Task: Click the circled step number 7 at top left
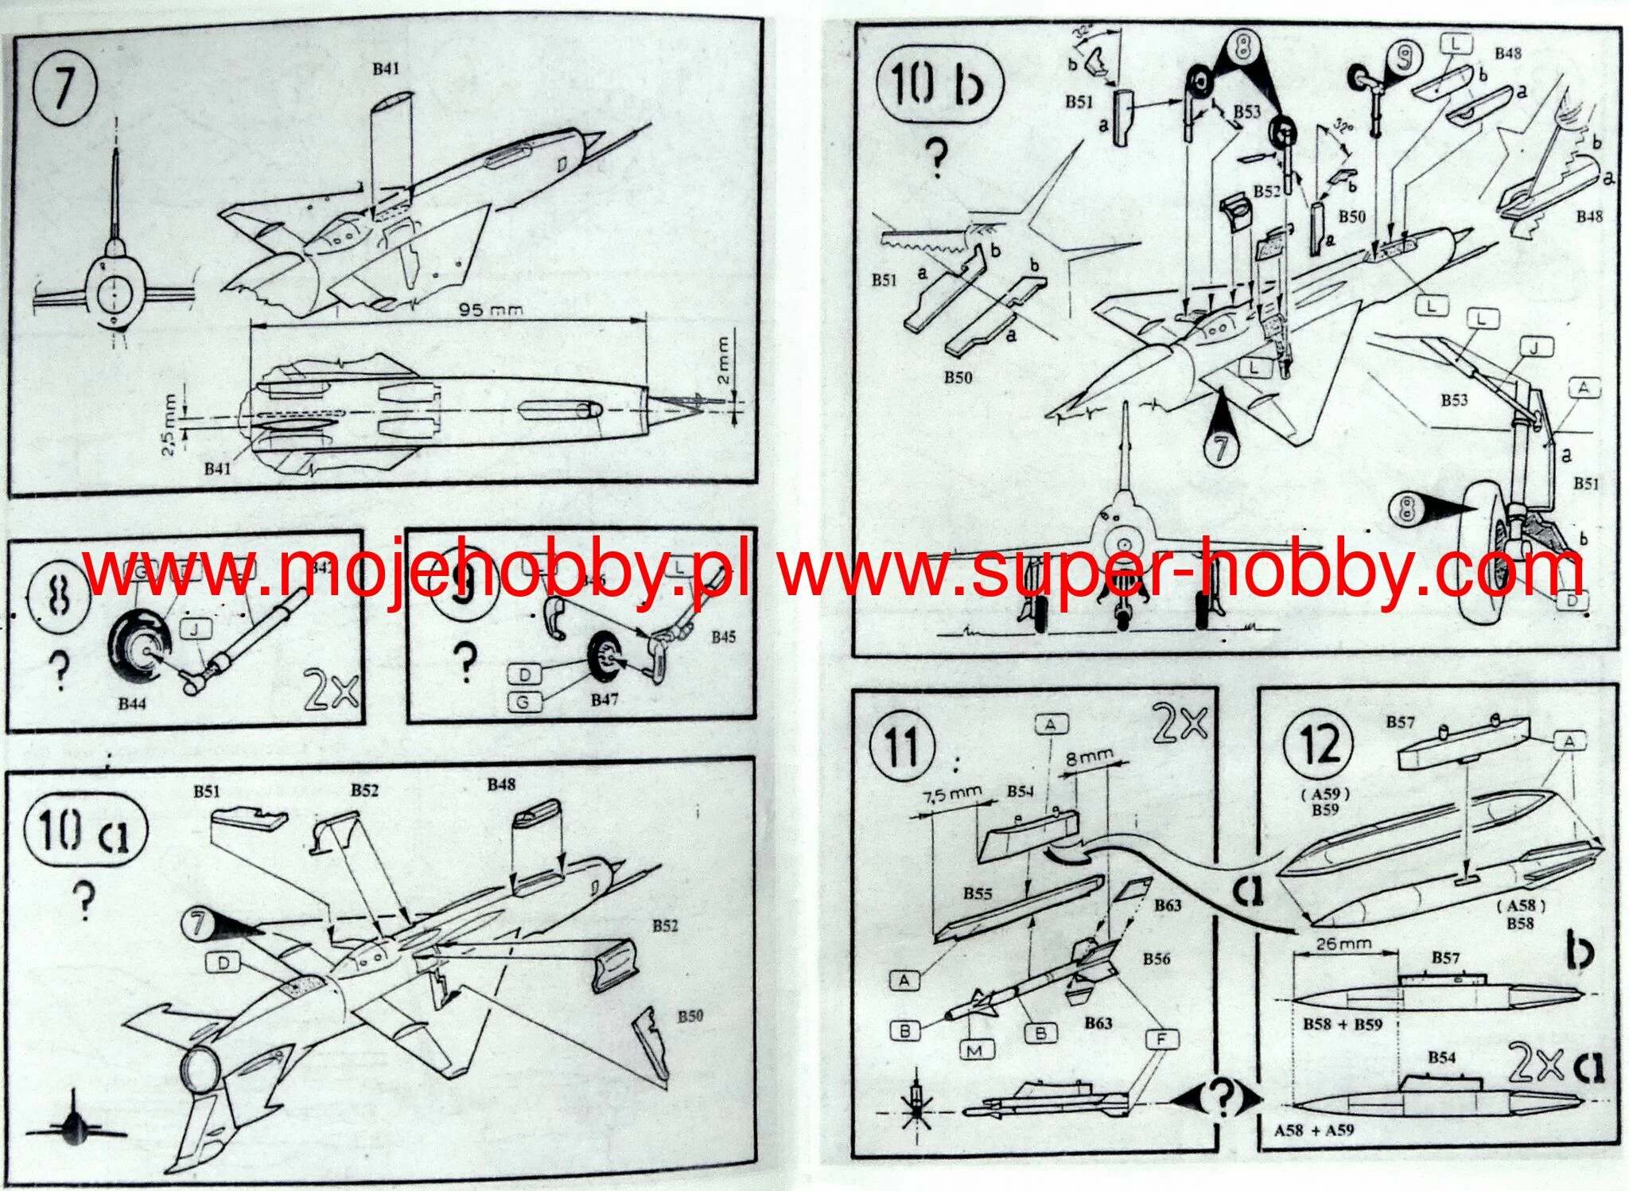point(64,85)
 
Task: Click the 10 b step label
point(939,87)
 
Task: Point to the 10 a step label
point(85,829)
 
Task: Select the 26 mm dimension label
point(1345,944)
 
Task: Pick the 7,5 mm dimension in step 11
point(952,795)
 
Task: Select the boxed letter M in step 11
point(974,1050)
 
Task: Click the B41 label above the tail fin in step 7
point(386,69)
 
